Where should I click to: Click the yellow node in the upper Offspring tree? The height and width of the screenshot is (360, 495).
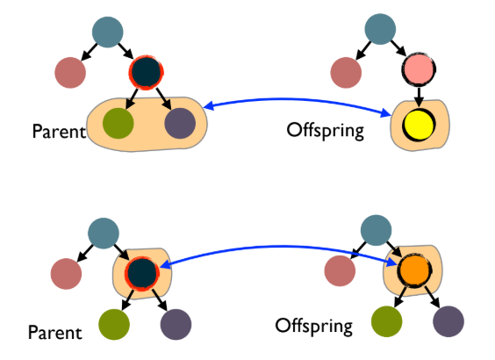pyautogui.click(x=417, y=126)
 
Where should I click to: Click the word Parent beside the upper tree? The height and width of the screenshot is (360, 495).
pyautogui.click(x=57, y=133)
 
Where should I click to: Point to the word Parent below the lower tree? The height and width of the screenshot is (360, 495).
pyautogui.click(x=54, y=333)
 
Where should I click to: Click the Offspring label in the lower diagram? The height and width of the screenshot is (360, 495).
pyautogui.click(x=314, y=327)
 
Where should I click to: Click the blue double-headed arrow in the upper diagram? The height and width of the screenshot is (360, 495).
pyautogui.click(x=298, y=99)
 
